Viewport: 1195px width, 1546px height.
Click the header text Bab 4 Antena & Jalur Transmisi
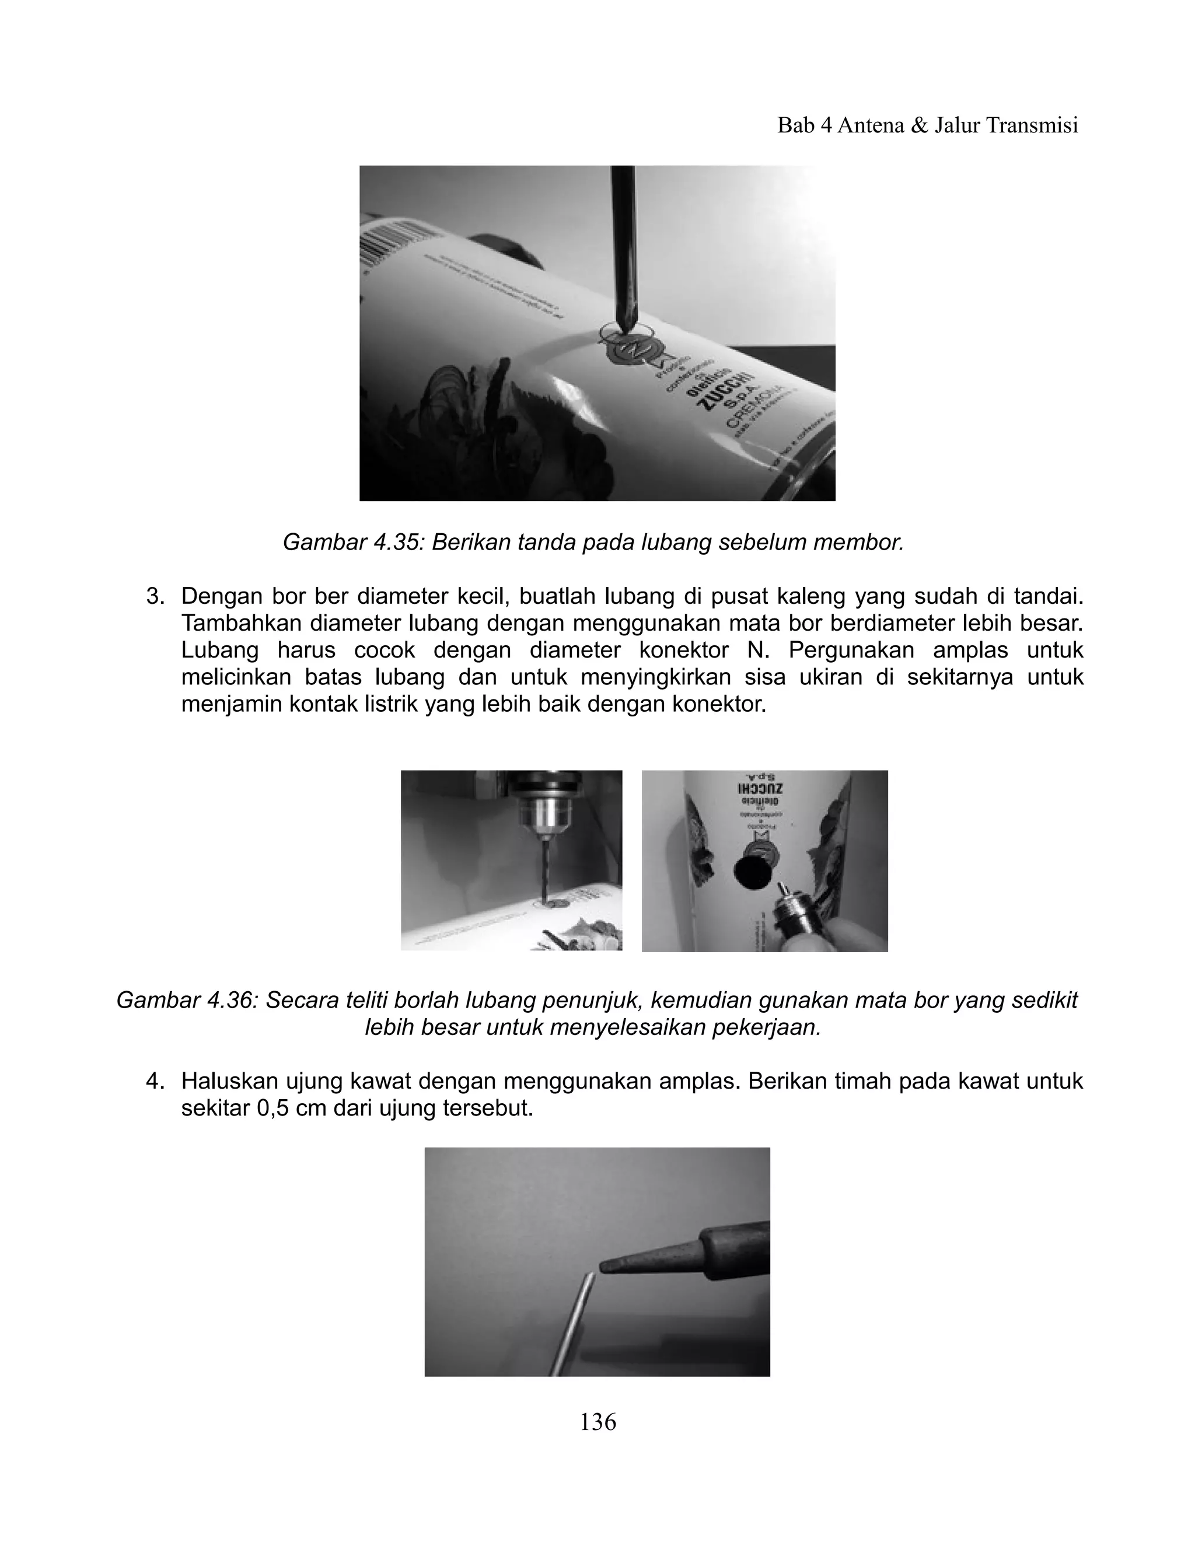927,125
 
